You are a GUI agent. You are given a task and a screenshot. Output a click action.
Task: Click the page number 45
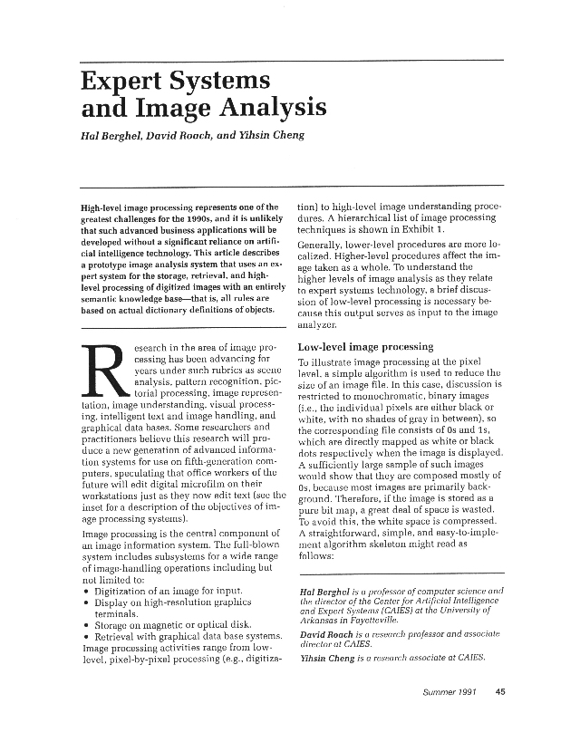pos(500,693)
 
